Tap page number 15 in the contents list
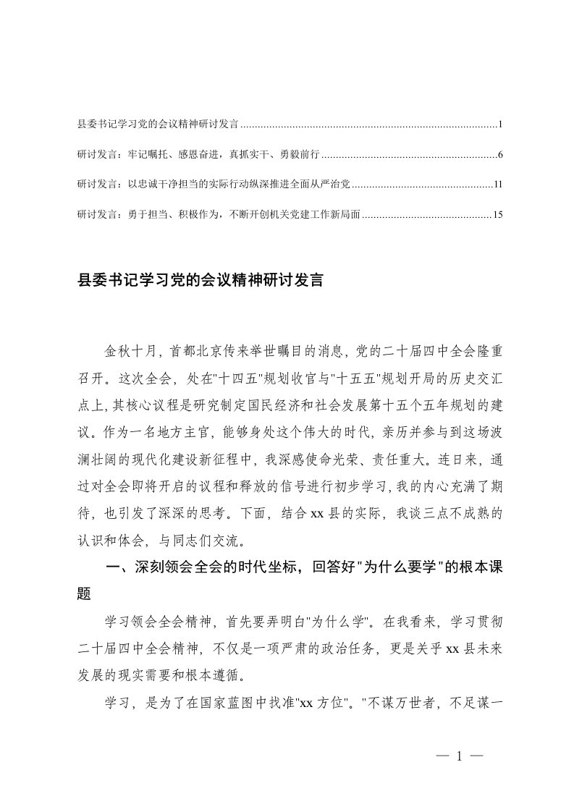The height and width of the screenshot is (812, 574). coord(497,215)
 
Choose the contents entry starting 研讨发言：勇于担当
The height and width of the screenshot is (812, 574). coord(218,215)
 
